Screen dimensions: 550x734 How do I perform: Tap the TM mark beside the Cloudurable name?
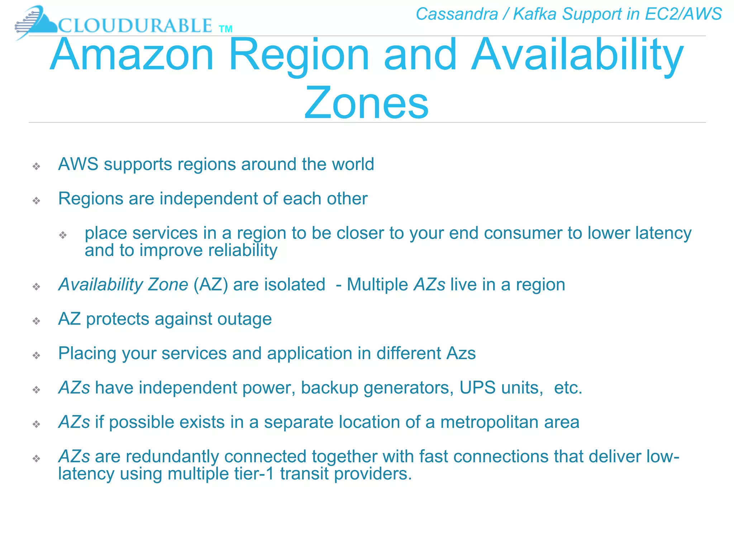click(225, 29)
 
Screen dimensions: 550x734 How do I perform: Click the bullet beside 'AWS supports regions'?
click(36, 166)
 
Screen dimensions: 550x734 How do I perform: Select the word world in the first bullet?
click(353, 164)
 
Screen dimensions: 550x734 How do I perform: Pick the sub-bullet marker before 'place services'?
click(63, 235)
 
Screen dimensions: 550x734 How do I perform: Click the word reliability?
click(244, 250)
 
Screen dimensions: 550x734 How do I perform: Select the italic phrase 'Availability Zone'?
click(123, 285)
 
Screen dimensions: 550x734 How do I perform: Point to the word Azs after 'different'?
click(461, 353)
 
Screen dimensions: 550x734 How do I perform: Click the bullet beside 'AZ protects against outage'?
click(36, 321)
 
